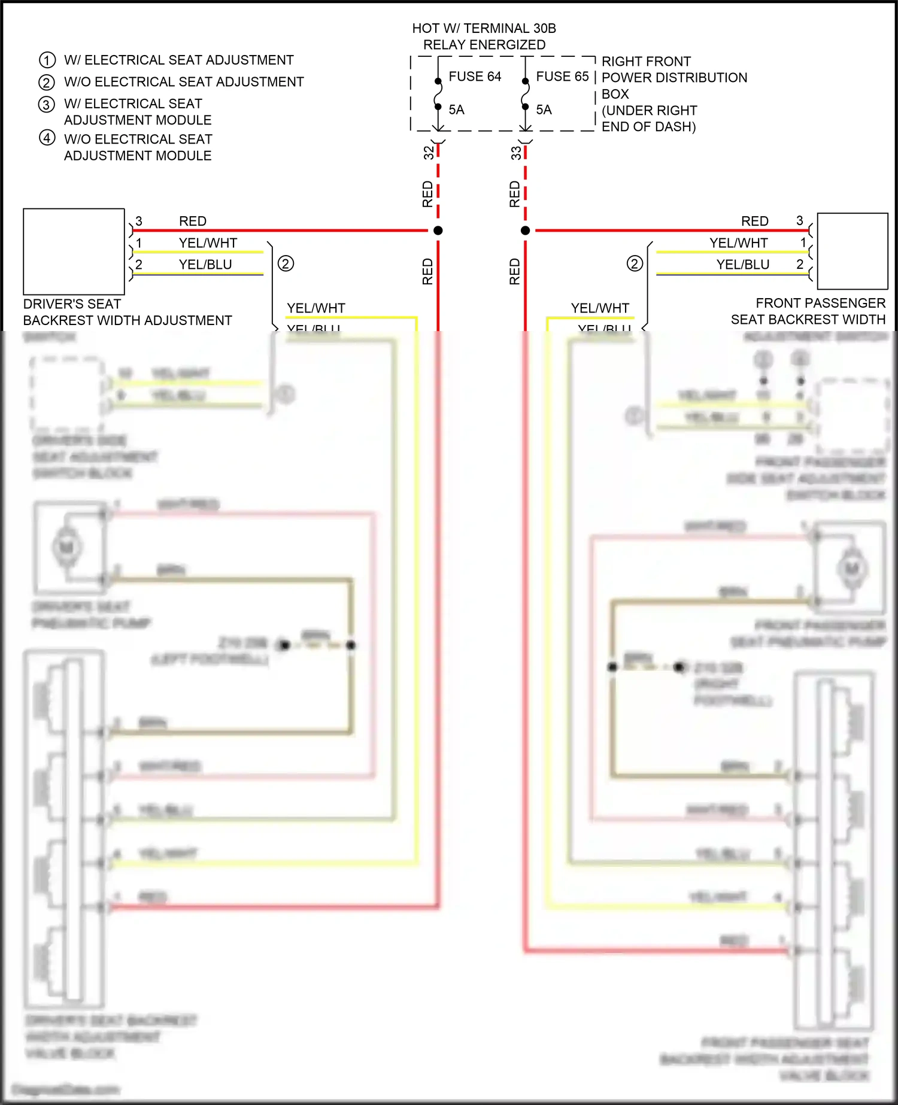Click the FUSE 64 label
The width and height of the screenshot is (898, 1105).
475,77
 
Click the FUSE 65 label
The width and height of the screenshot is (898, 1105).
562,77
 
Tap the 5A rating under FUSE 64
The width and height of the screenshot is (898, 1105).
456,110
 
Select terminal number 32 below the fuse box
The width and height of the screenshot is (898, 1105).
429,153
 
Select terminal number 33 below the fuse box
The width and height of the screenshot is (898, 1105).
516,153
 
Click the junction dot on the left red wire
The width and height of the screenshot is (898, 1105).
438,230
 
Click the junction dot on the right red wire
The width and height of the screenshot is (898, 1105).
525,230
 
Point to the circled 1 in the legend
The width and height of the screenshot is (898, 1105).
47,60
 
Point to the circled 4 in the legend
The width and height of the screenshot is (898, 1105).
47,138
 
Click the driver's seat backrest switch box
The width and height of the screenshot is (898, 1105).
74,251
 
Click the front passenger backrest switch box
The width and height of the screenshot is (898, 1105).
853,251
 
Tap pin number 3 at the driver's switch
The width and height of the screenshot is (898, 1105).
139,221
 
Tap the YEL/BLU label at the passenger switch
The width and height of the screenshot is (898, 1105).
743,265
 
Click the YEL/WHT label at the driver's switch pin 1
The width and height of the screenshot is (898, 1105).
208,243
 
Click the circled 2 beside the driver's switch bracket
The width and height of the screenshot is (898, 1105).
286,263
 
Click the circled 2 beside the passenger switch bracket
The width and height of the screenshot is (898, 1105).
635,263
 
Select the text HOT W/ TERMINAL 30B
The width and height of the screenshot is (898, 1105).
484,28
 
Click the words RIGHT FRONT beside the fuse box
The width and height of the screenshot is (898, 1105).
646,62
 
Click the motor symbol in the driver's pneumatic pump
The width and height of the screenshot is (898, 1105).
66,547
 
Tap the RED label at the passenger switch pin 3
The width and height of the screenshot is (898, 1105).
754,221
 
